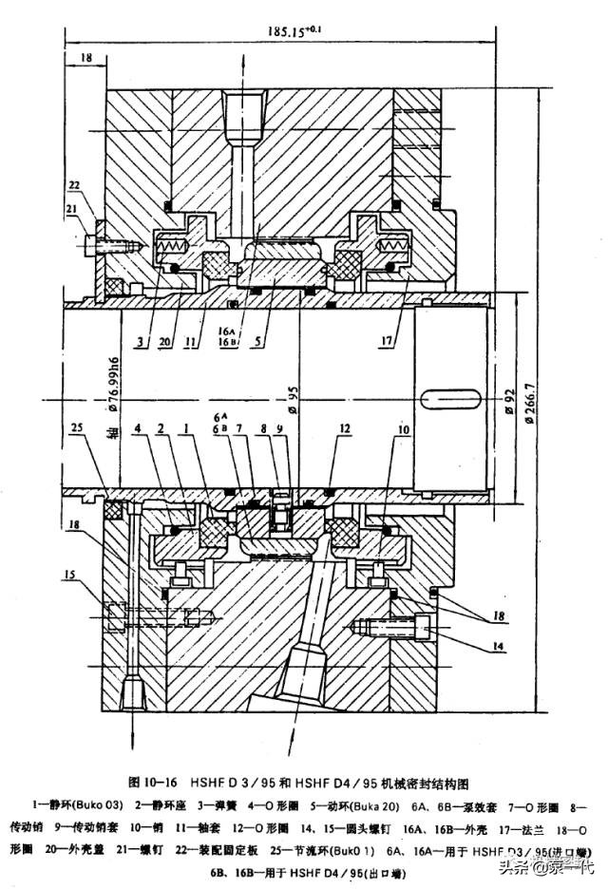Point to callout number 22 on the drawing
click(73, 183)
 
